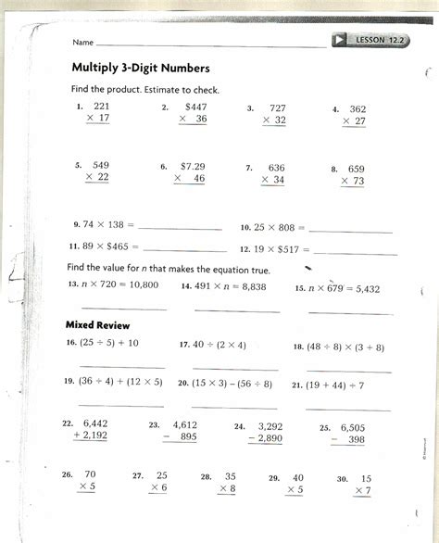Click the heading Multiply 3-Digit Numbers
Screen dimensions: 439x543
click(x=141, y=69)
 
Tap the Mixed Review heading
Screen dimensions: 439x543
click(x=97, y=325)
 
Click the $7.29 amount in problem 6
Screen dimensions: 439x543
click(x=192, y=166)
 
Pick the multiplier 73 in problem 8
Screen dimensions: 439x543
click(x=357, y=181)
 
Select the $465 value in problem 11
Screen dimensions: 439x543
click(x=123, y=247)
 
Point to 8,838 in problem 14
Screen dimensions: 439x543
click(x=252, y=287)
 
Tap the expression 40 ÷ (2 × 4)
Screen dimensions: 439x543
click(x=219, y=345)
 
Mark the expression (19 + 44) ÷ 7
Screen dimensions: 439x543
click(x=335, y=385)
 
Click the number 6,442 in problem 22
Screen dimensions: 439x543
click(x=96, y=423)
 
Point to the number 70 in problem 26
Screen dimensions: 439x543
click(x=90, y=474)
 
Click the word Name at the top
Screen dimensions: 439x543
click(x=82, y=43)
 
